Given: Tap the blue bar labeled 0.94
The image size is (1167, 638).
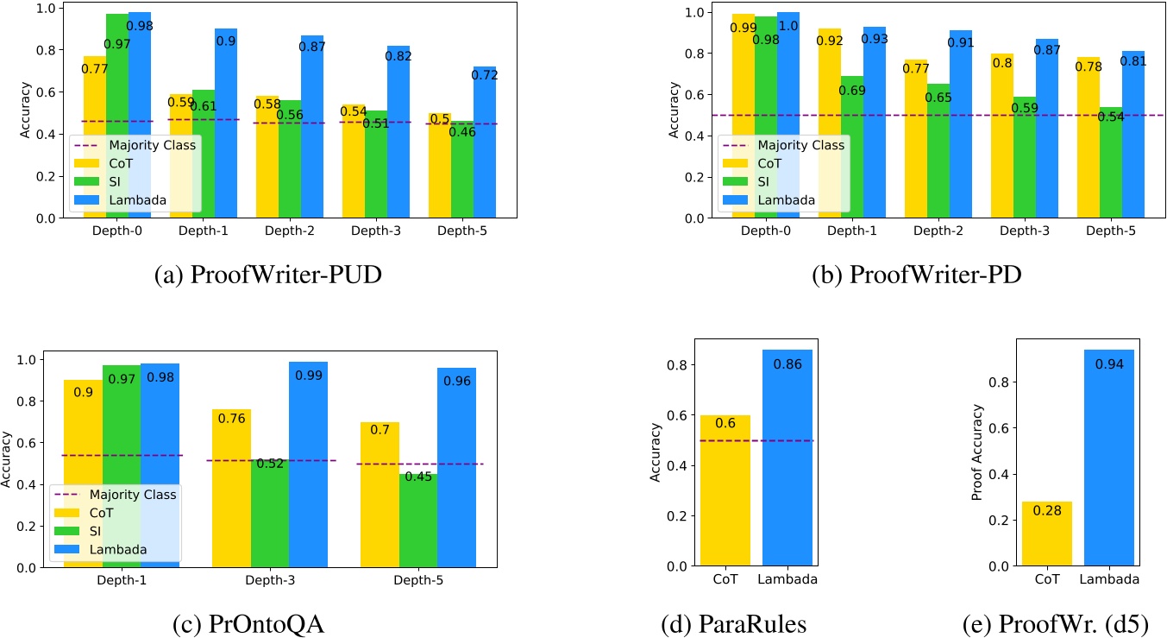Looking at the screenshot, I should pos(1107,458).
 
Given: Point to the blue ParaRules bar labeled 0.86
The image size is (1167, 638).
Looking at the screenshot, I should pos(787,458).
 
